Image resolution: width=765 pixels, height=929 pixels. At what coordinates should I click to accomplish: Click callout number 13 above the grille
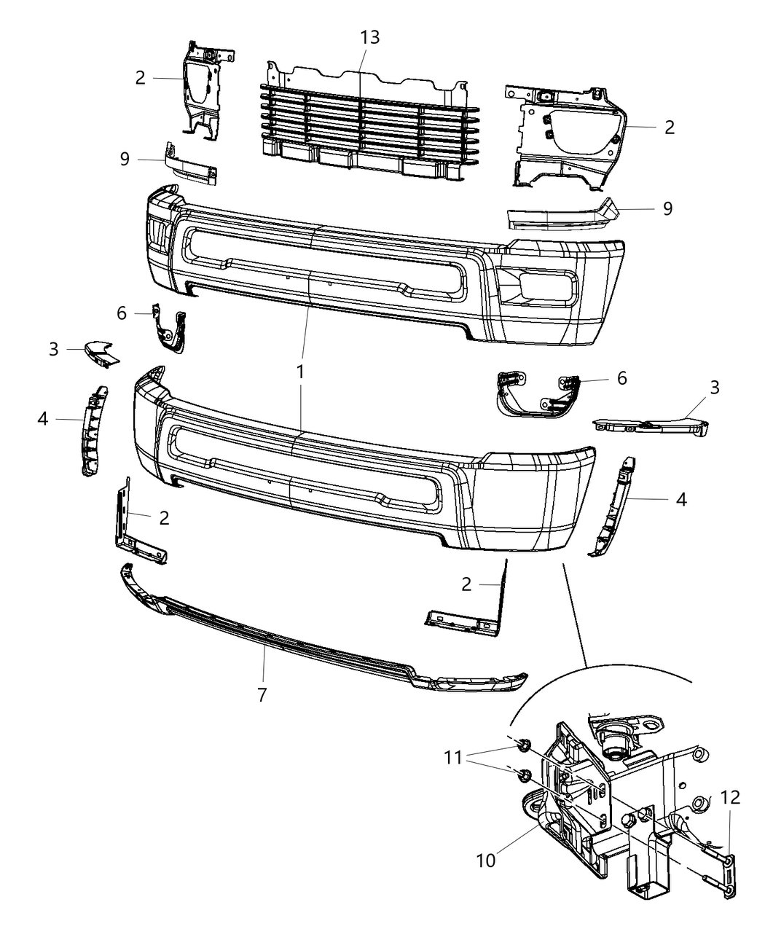click(x=369, y=37)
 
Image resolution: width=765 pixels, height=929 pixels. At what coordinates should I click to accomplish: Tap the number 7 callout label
click(x=262, y=695)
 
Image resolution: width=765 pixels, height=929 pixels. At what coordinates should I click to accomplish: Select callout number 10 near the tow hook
click(x=485, y=860)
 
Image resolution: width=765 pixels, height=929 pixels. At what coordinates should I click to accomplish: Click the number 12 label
click(x=730, y=798)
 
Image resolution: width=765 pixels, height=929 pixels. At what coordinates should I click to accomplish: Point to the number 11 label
click(x=453, y=758)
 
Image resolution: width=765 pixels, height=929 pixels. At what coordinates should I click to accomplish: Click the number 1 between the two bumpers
click(x=299, y=372)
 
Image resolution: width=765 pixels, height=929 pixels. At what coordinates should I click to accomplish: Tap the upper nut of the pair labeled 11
click(x=522, y=745)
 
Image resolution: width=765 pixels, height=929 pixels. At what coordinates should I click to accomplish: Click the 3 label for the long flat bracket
click(x=714, y=388)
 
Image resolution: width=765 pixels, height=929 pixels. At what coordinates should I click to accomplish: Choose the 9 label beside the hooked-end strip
click(x=667, y=208)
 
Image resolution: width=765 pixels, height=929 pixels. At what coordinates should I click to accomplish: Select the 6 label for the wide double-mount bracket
click(x=621, y=378)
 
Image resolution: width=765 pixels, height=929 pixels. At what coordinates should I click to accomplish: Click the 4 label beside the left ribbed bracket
click(x=43, y=419)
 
